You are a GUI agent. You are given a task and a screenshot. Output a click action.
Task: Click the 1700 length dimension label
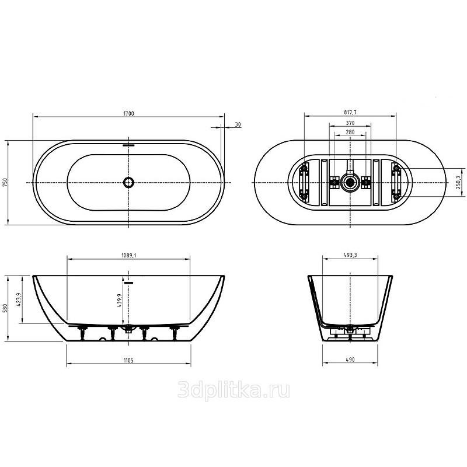pos(128,113)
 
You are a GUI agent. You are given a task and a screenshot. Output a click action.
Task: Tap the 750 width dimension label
pos(5,182)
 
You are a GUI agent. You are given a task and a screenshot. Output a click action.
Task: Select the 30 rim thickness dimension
pos(238,124)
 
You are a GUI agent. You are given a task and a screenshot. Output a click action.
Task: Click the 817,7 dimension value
pos(350,112)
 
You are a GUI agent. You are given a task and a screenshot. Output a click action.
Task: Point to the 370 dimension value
pos(350,123)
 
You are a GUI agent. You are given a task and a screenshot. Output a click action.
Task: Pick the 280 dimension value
pos(350,132)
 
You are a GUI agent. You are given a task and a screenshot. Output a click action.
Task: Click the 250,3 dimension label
pos(458,182)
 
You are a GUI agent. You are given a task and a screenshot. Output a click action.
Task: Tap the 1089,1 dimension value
pos(128,255)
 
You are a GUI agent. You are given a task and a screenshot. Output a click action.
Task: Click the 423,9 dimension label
pos(20,300)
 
